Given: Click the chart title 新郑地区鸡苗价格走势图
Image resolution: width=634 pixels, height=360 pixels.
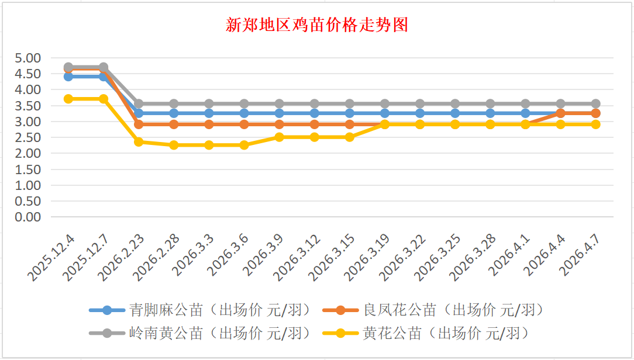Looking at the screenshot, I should point(316,25).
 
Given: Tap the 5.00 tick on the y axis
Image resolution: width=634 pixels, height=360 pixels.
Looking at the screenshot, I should point(29,58).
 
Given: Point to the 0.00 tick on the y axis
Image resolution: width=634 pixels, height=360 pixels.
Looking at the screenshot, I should point(29,217).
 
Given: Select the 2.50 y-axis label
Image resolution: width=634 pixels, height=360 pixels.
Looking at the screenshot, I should point(29,137).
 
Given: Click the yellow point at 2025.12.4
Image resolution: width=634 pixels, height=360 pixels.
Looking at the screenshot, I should point(68,99).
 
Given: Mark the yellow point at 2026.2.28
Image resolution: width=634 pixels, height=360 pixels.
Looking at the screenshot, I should point(174,145).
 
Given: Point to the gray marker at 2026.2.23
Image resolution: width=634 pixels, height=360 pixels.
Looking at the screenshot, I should point(139,103).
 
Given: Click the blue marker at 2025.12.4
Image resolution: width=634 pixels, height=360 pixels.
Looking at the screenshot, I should point(68,77).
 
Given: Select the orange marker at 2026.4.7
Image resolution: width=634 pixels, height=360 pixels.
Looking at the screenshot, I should point(595,113).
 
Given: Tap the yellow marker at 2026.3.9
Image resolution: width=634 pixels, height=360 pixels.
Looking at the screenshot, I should point(279,137).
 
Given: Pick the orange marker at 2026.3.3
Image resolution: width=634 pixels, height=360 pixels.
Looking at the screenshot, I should point(209,124).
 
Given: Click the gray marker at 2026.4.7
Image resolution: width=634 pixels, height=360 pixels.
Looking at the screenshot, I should point(595,103).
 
